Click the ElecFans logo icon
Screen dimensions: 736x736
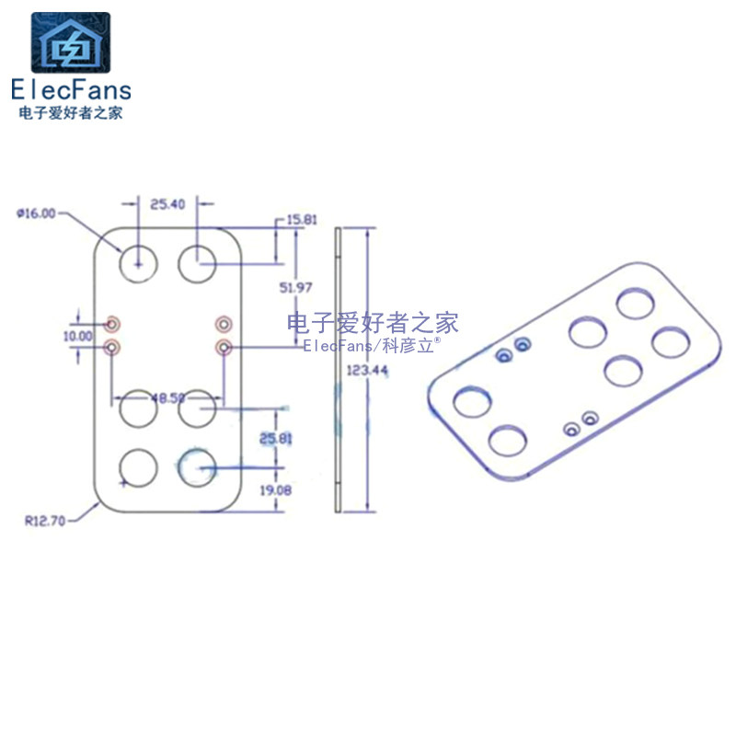pyautogui.click(x=71, y=42)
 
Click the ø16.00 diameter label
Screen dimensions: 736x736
pyautogui.click(x=36, y=213)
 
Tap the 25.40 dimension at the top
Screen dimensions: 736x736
pyautogui.click(x=167, y=203)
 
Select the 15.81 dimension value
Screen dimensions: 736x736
pyautogui.click(x=302, y=220)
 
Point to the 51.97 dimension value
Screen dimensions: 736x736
pyautogui.click(x=295, y=288)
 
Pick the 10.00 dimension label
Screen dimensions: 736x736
pyautogui.click(x=77, y=336)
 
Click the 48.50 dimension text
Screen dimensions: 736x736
pyautogui.click(x=167, y=398)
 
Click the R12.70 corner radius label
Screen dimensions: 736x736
pyautogui.click(x=45, y=520)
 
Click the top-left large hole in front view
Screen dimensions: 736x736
pyautogui.click(x=138, y=263)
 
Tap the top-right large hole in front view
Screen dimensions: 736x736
pyautogui.click(x=196, y=264)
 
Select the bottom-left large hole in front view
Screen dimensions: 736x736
pyautogui.click(x=138, y=467)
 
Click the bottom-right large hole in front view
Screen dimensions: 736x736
pyautogui.click(x=196, y=467)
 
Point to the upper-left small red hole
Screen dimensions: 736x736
pyautogui.click(x=112, y=323)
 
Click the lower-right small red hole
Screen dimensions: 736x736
pyautogui.click(x=223, y=347)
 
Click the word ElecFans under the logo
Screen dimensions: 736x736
pyautogui.click(x=71, y=89)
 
